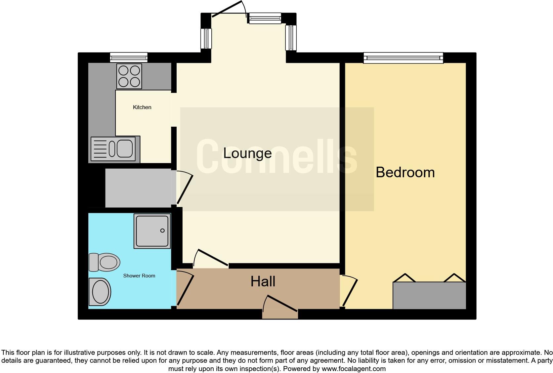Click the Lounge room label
[247, 153]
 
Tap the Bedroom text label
[405, 173]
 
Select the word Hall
[263, 282]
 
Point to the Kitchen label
[142, 107]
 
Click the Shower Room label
[139, 276]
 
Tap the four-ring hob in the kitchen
[129, 76]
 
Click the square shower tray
[152, 231]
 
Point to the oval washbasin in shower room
[100, 292]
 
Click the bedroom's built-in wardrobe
[429, 295]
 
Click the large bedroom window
[403, 58]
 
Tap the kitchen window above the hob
[129, 58]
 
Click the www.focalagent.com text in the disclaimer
[353, 368]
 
